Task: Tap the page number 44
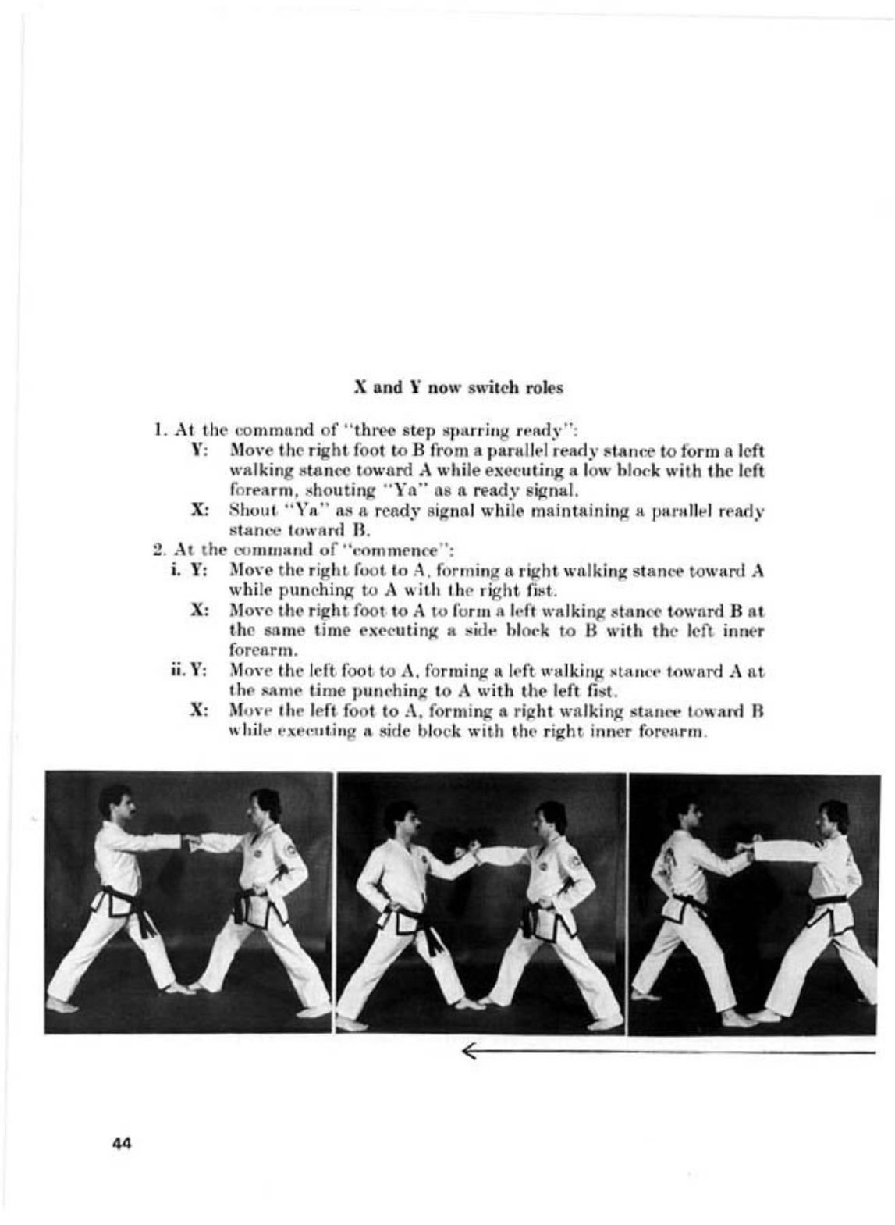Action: tap(122, 1144)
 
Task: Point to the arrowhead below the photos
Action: tap(469, 1052)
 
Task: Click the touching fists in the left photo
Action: tap(191, 842)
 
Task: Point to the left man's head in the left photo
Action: tap(115, 804)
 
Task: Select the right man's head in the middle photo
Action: tap(551, 818)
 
